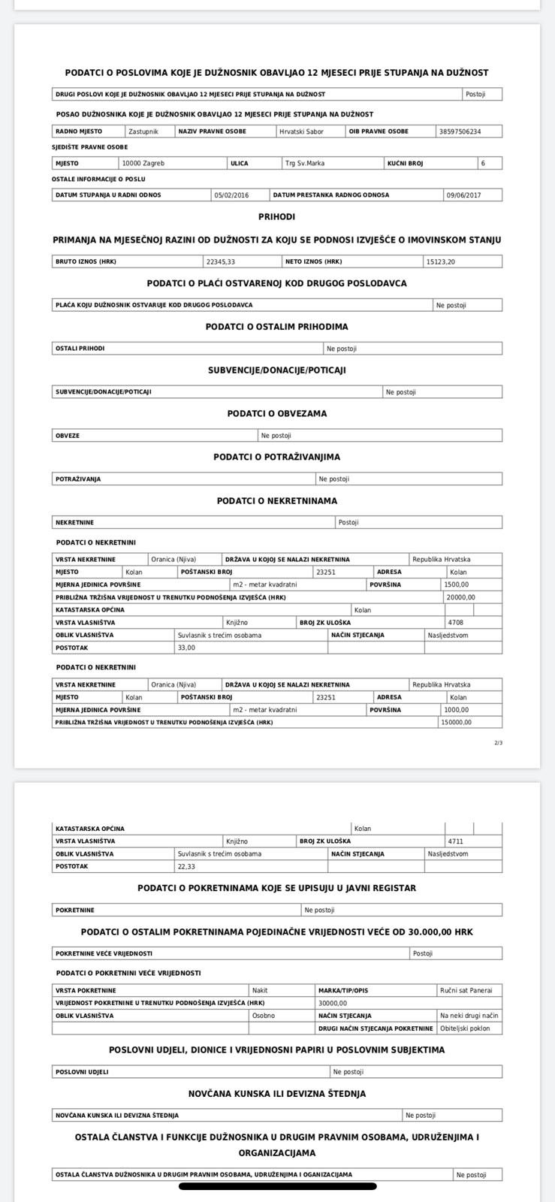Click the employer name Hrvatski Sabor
[x=301, y=131]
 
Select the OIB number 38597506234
[x=459, y=131]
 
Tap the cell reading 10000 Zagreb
[x=143, y=163]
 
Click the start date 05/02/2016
[x=231, y=195]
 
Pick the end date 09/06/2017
[x=463, y=195]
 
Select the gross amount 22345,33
[x=221, y=261]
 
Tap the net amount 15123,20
[x=440, y=261]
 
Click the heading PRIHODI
[x=276, y=216]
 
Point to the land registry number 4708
[x=456, y=623]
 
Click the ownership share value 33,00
[x=186, y=648]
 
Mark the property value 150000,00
[x=457, y=723]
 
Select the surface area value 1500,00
[x=456, y=584]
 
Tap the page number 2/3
[x=499, y=743]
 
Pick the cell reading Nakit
[x=260, y=991]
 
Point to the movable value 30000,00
[x=333, y=1003]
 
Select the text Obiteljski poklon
[x=465, y=1028]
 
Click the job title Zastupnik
[x=143, y=131]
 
